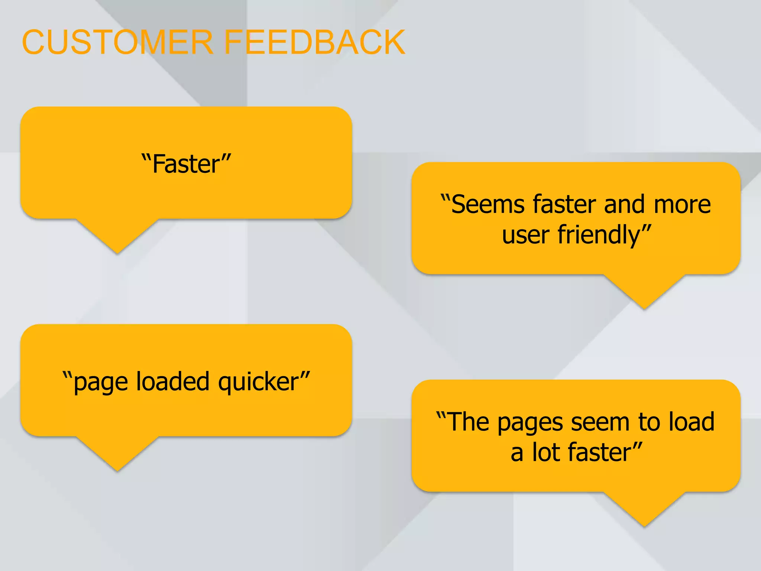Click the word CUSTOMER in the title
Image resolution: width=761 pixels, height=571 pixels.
pyautogui.click(x=117, y=42)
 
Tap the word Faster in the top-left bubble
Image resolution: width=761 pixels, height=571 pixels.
pyautogui.click(x=186, y=164)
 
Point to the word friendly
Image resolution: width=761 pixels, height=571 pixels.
pyautogui.click(x=599, y=235)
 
